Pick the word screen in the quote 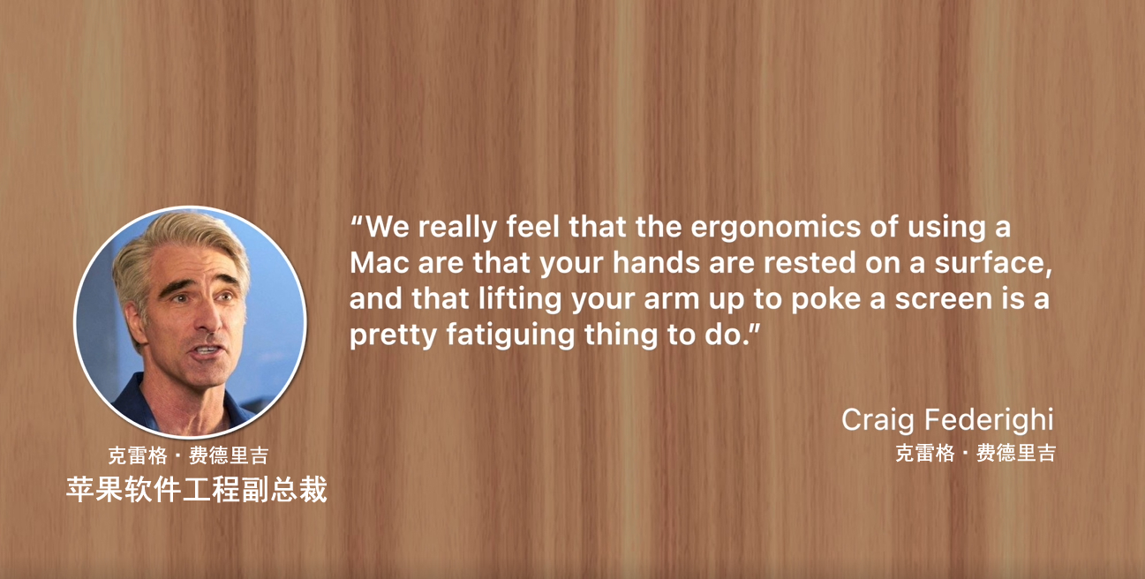[946, 299]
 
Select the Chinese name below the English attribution [975, 454]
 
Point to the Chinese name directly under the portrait [188, 456]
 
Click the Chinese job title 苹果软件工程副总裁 [197, 489]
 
